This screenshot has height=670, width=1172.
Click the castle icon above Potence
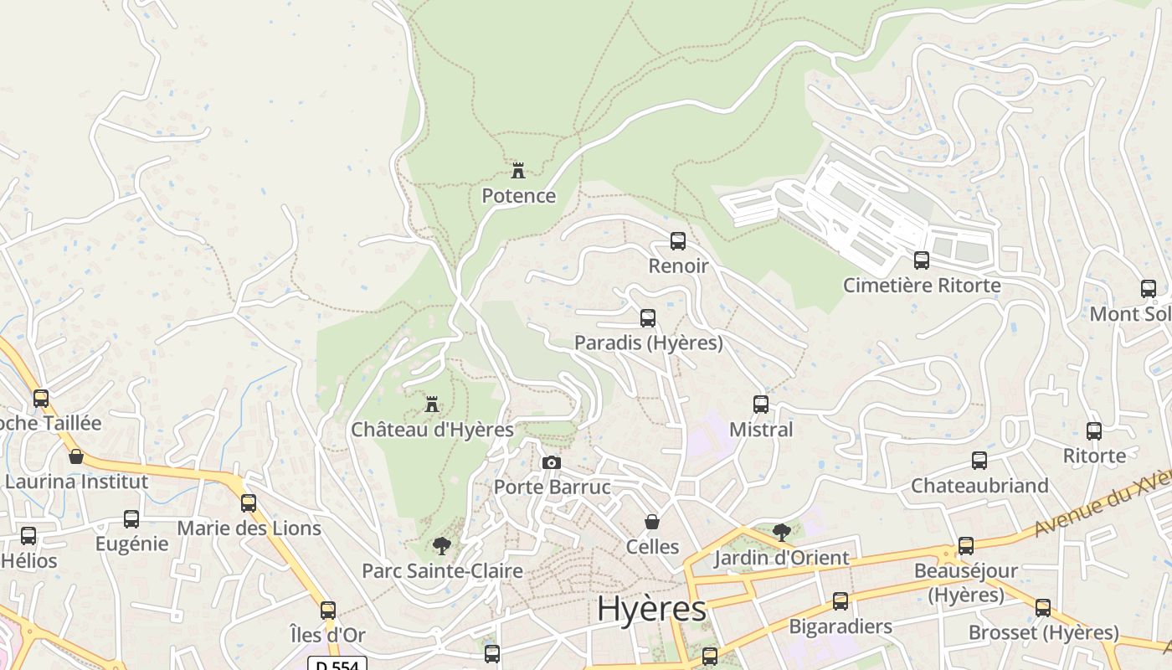coord(518,171)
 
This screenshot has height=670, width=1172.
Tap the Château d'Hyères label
coord(432,430)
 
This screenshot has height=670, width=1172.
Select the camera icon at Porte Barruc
coord(551,462)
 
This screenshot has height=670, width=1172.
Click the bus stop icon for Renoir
coord(678,241)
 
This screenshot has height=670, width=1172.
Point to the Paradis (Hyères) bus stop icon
coord(648,318)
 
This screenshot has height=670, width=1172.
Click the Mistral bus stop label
coord(761,430)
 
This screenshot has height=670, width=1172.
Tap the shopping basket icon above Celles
coord(652,522)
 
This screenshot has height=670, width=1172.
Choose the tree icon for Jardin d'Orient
coord(781,532)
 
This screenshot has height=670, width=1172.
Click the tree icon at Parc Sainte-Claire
coord(442,546)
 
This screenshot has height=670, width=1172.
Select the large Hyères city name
coord(651,609)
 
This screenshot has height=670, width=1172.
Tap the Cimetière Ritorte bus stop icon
coord(922,260)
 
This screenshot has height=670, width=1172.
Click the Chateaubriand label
coord(979,486)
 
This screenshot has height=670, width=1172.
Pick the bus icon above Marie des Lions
coord(249,503)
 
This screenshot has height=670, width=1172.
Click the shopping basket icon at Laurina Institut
coord(76,456)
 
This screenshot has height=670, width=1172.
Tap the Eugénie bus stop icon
coord(131,519)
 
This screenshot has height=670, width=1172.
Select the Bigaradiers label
coord(840,626)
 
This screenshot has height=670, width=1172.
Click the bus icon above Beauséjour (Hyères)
coord(966,546)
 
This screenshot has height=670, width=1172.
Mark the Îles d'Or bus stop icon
coord(328,610)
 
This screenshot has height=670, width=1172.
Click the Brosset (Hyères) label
coord(1043,632)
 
